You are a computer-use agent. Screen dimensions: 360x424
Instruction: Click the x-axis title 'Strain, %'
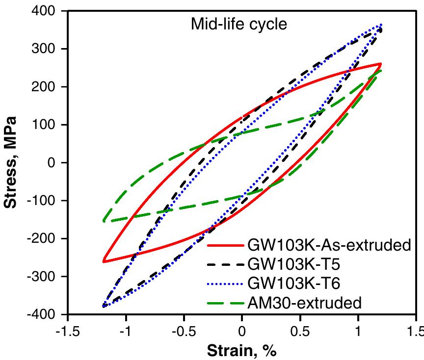coord(242,351)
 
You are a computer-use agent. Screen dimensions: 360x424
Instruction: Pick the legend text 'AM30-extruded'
coord(306,303)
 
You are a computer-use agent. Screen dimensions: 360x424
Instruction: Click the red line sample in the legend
coord(225,245)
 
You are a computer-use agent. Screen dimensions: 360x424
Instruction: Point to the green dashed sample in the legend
coord(225,303)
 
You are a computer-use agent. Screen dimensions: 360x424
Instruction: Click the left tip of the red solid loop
coord(104,261)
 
